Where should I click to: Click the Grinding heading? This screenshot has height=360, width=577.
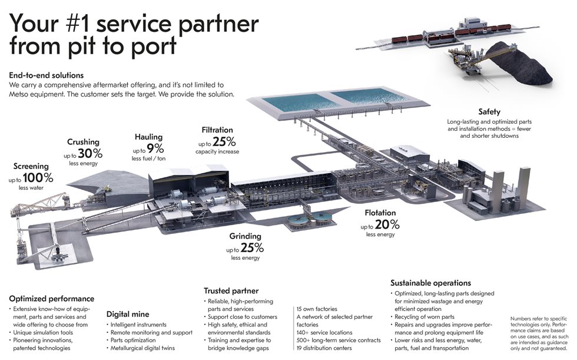tap(245, 236)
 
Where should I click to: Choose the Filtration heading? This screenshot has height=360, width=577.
tap(217, 130)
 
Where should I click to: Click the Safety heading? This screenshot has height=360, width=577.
tap(490, 111)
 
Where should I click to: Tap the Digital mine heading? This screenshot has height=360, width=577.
tap(127, 314)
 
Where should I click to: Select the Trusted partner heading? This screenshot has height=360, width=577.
tap(231, 290)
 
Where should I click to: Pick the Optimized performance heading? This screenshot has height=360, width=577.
tap(51, 299)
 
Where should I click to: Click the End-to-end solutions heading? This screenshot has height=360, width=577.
tap(47, 75)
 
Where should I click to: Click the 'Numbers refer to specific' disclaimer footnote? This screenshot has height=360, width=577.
tap(532, 319)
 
